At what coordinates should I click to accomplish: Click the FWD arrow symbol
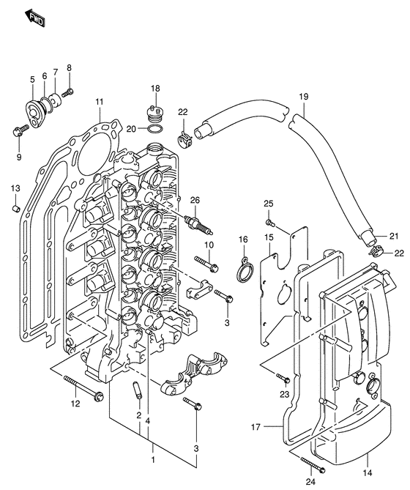coord(32,17)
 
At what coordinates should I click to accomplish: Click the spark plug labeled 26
coord(195,220)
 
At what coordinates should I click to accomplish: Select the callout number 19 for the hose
coord(303,97)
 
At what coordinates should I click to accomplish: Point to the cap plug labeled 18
coord(154,114)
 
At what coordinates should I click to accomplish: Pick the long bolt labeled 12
coord(83,387)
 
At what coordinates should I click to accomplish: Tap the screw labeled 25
coord(269,221)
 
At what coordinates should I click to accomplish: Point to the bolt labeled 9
coord(19,132)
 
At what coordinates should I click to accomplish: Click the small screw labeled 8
coord(70,92)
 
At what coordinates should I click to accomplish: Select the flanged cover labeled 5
coord(34,106)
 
